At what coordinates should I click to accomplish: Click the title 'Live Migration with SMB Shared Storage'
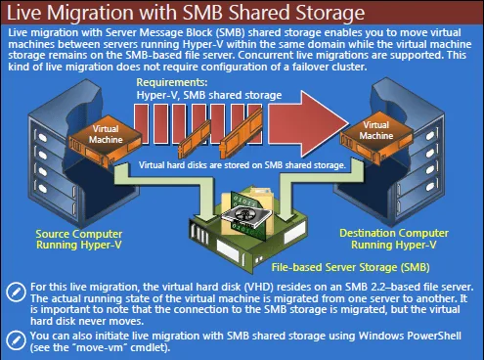[176, 14]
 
